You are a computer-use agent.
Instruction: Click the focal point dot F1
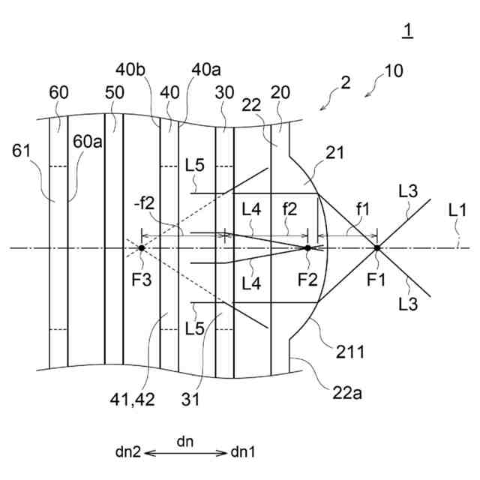point(377,247)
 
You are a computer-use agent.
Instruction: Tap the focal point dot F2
point(307,247)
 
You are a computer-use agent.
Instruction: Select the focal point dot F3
point(142,247)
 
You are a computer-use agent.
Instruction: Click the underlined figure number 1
point(407,31)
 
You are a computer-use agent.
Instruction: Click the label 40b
point(130,69)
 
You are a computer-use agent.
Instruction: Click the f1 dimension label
point(362,212)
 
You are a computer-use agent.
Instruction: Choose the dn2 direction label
point(129,452)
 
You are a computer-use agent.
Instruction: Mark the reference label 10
point(392,72)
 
